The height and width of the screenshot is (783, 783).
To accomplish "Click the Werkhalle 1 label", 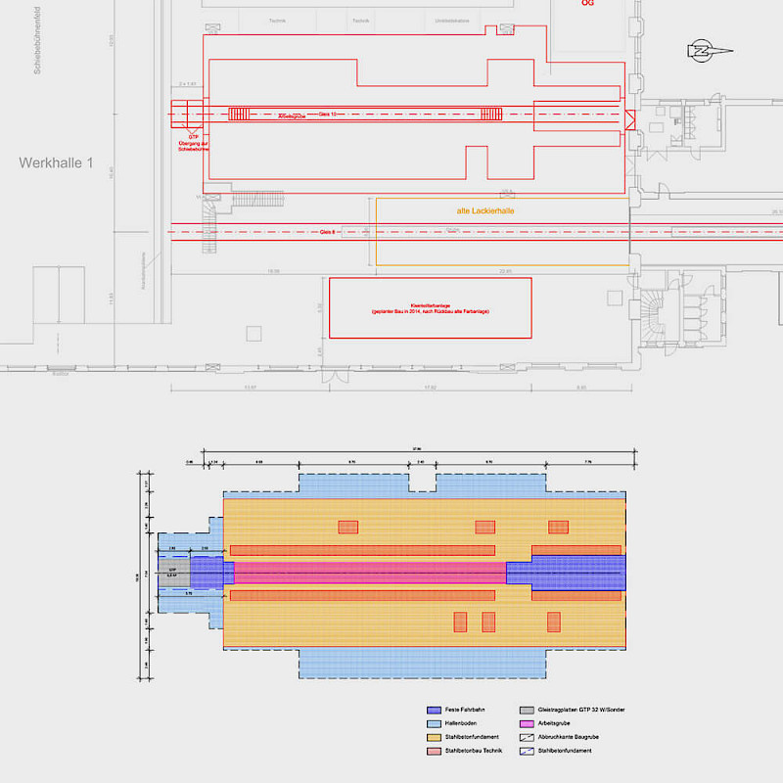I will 56,163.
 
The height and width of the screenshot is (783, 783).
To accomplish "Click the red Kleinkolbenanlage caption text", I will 430,308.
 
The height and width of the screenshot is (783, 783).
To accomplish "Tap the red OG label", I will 587,3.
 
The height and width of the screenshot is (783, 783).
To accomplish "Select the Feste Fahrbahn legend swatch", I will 434,709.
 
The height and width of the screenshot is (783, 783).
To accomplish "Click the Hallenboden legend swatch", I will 434,722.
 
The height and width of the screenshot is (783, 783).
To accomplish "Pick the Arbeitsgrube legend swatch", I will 527,722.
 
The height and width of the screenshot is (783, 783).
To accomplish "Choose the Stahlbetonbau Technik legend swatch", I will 434,750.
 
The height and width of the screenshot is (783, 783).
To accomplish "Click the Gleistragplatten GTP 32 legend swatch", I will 527,709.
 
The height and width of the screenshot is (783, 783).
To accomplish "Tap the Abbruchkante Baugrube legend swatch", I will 527,736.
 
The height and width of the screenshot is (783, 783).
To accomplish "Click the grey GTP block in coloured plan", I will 173,573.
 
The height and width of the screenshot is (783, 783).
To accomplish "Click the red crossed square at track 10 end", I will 629,119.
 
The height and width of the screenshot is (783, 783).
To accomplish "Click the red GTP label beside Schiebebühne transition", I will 193,136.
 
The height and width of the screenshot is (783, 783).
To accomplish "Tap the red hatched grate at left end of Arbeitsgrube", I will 240,115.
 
